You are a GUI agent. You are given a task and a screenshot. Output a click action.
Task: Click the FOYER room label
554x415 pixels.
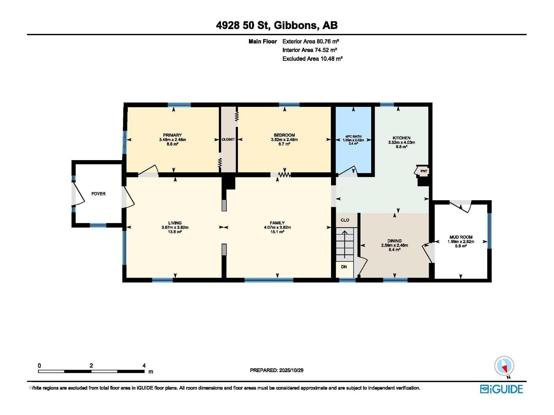point(98,194)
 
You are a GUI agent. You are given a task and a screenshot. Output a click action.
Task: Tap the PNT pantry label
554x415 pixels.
point(424,171)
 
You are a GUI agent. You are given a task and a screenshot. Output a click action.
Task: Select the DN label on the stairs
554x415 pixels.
point(344,267)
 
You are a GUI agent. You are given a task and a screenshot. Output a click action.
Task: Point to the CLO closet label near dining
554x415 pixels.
point(345,220)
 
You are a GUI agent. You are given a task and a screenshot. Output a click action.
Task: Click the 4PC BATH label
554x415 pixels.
point(354,136)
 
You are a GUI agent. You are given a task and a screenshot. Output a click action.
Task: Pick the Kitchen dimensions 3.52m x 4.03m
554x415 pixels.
point(402,142)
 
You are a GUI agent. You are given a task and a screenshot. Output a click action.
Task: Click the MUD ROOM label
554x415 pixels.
point(461,237)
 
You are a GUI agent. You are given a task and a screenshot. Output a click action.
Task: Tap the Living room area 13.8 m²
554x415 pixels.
point(175,232)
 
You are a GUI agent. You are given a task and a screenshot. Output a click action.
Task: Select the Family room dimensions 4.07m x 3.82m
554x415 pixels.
point(277,227)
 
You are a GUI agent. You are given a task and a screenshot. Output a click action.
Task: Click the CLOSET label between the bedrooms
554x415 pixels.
point(228,139)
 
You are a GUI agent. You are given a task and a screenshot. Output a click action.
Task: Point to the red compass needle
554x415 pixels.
point(504,369)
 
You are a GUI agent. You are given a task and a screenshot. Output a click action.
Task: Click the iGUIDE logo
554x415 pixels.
point(501,389)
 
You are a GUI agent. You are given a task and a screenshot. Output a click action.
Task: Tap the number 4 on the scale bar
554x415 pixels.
point(144,365)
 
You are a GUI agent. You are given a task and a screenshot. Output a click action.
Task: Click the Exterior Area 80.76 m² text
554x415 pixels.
point(311,41)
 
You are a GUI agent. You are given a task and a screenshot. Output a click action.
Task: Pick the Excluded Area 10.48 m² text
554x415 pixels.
point(312,59)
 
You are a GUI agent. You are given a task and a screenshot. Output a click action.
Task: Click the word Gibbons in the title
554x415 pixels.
point(295,26)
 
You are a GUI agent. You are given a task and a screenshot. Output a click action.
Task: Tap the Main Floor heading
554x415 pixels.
point(263,41)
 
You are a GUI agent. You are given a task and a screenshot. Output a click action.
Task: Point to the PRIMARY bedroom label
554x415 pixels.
point(172,135)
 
